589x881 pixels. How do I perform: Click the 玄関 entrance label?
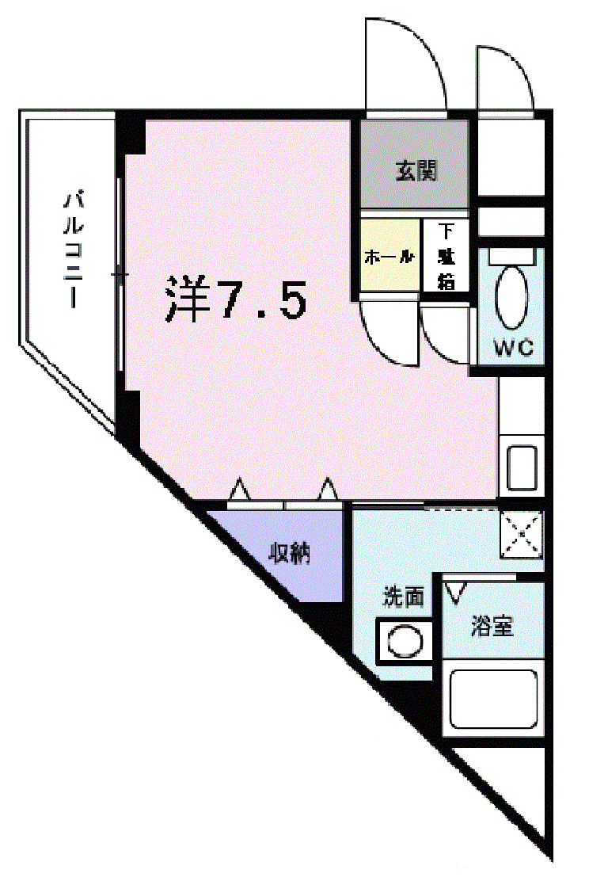[x=416, y=170]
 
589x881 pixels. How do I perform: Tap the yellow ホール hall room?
[x=389, y=257]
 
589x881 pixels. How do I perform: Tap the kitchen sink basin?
[x=521, y=467]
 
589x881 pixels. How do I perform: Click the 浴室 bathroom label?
[x=492, y=627]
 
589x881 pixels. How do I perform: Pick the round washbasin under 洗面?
[x=405, y=639]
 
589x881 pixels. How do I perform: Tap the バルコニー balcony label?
[x=74, y=248]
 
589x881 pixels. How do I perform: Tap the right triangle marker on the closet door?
[x=328, y=490]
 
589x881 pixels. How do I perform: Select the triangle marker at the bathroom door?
[x=456, y=590]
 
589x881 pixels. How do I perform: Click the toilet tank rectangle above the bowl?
[x=512, y=256]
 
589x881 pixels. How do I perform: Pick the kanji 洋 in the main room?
[x=185, y=298]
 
